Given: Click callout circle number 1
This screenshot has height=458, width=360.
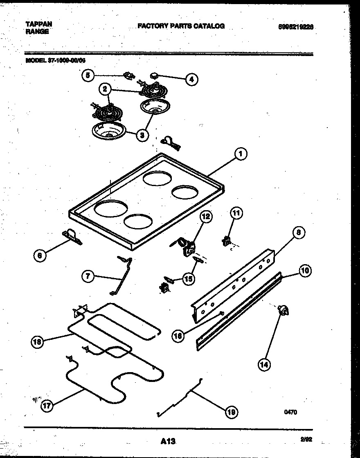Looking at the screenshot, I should click(x=241, y=154).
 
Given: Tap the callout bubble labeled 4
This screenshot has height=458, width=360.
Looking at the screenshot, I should click(x=191, y=79).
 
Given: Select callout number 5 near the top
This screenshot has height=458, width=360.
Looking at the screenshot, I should click(x=87, y=75).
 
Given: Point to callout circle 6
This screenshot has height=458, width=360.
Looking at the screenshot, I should click(x=39, y=256).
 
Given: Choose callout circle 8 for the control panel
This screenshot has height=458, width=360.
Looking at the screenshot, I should click(x=298, y=233).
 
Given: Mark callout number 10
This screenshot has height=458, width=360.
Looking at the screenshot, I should click(x=305, y=270).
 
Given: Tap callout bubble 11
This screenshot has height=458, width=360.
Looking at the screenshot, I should click(x=236, y=213).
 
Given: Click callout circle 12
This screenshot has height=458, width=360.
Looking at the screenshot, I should click(x=205, y=216).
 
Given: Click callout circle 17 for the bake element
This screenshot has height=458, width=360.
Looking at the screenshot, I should click(x=47, y=406).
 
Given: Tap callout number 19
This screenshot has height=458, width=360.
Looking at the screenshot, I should click(x=232, y=412).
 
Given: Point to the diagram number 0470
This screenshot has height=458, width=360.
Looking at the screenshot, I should click(x=290, y=412).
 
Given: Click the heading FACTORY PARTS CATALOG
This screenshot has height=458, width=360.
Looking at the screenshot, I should click(x=181, y=26).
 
